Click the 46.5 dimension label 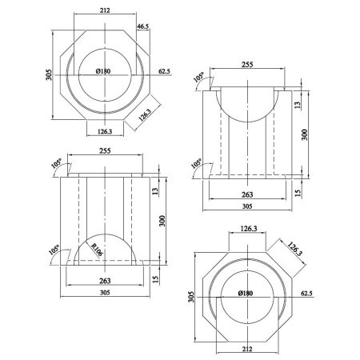point(143,26)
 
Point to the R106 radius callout point(95,248)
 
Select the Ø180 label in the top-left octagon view point(102,71)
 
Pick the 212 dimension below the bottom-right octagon point(245,348)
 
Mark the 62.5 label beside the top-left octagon point(165,71)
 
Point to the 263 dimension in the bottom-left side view point(104,281)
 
